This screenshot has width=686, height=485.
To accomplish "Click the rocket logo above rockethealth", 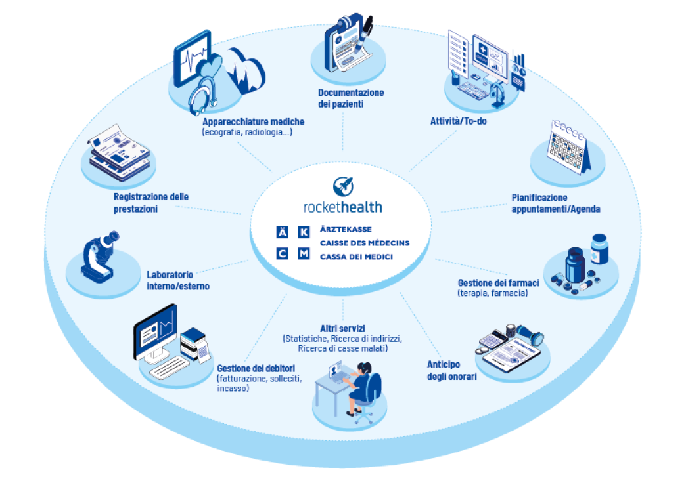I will (x=342, y=185).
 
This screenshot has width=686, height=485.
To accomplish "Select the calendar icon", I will (x=567, y=148).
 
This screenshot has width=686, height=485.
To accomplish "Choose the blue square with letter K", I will (x=303, y=232).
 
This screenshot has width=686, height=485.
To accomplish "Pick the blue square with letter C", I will (x=283, y=253).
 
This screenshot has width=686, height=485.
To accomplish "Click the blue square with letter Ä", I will (x=283, y=232).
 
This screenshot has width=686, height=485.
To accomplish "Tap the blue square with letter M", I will (x=303, y=253).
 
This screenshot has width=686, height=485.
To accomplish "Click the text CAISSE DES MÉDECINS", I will (x=364, y=243).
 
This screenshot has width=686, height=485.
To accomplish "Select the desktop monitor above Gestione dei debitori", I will (x=155, y=331).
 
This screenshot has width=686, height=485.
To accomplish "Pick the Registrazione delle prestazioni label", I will (x=150, y=203).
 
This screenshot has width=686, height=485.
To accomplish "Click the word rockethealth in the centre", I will (x=342, y=207).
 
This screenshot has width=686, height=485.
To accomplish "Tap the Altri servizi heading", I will (x=342, y=328).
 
